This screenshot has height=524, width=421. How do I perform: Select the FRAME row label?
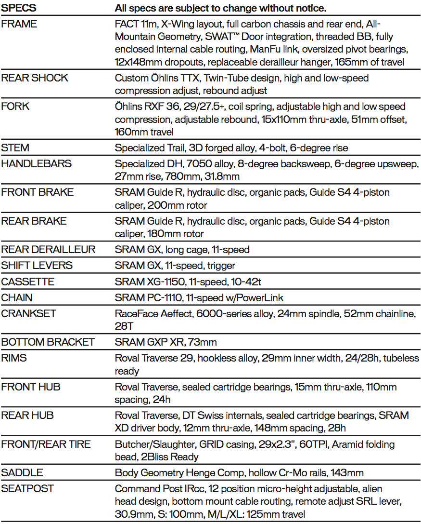[20, 24]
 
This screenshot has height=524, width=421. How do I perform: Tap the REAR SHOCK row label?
[35, 78]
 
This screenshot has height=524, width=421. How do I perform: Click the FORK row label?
[15, 106]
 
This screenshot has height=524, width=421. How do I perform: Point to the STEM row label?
[15, 148]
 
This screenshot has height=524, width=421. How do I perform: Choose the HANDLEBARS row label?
[36, 163]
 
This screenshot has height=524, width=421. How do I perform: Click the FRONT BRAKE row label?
[38, 192]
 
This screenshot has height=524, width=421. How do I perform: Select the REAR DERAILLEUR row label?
[49, 249]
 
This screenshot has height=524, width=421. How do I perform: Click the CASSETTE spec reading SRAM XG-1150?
[187, 282]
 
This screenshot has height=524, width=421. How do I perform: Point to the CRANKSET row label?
[29, 313]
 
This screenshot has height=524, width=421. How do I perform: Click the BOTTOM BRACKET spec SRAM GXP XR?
[166, 342]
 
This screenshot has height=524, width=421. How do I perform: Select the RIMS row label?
[14, 358]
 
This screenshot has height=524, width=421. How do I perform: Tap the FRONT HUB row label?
[31, 387]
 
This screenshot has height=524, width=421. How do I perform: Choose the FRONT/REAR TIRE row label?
[46, 444]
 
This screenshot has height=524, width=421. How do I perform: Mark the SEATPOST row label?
[27, 488]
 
